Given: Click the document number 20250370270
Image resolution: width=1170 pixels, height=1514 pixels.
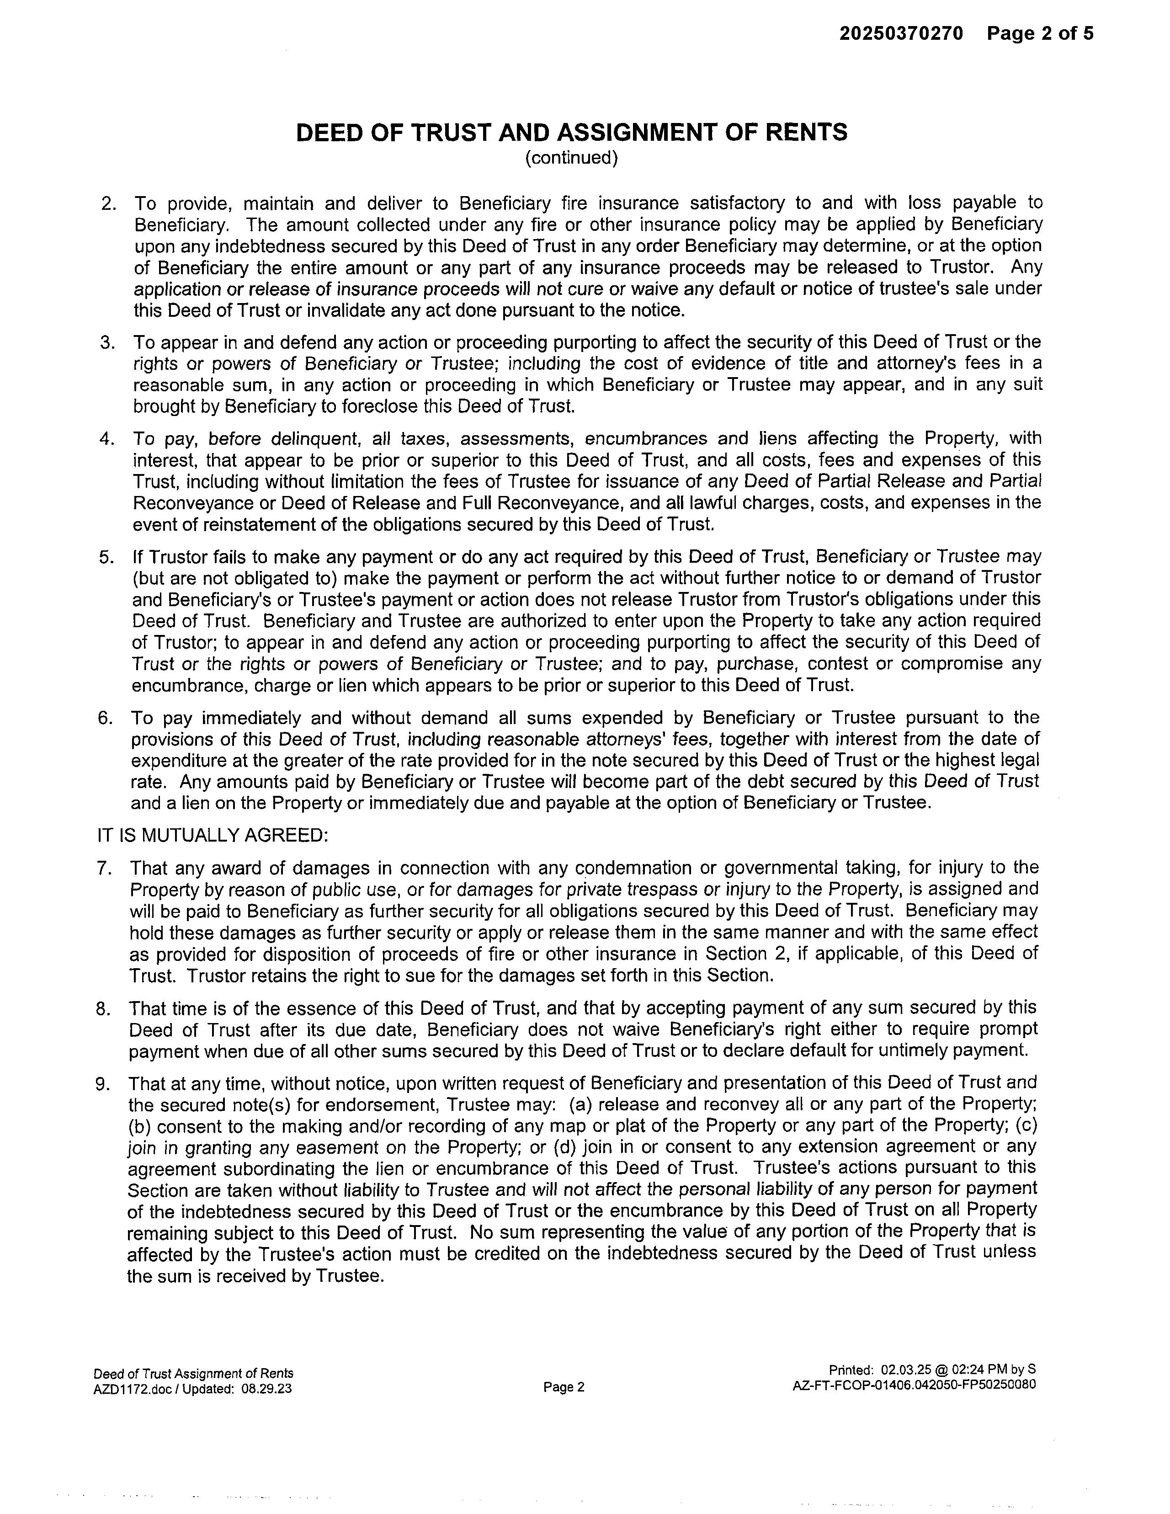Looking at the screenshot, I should [901, 33].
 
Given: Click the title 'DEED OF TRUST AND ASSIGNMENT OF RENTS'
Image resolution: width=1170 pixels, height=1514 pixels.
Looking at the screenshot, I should [571, 133].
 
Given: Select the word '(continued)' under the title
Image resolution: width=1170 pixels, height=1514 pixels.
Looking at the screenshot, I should [571, 158].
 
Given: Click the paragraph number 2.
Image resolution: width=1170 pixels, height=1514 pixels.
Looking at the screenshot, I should [109, 204].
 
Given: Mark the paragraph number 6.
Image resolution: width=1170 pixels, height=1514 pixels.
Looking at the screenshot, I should [106, 718].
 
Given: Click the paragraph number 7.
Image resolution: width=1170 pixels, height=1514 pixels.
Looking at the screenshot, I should [105, 868].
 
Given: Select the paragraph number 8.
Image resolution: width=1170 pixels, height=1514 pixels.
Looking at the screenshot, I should [104, 1008].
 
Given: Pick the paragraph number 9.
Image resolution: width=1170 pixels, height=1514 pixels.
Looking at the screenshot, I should [103, 1083].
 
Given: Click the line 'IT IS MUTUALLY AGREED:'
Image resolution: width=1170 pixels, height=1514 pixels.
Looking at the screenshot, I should [212, 835].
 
